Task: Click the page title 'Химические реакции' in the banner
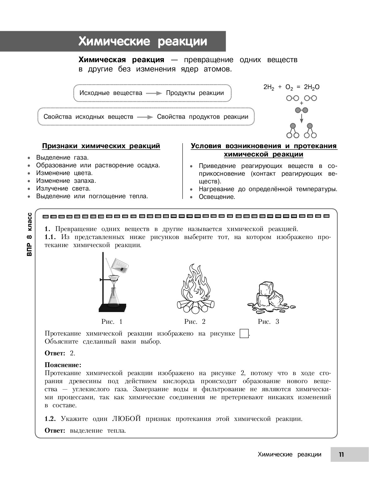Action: point(143,41)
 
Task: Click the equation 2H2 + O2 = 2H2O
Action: point(291,88)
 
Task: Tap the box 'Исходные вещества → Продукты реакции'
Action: point(152,93)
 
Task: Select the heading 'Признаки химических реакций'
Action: point(101,146)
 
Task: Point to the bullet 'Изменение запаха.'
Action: point(66,181)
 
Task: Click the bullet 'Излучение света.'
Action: point(63,188)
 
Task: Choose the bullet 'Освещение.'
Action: point(217,197)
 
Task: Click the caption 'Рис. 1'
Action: point(112,322)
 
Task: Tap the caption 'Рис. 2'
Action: point(195,322)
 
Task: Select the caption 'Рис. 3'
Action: point(268,322)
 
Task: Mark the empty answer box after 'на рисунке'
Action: point(244,334)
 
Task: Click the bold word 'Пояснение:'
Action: point(63,365)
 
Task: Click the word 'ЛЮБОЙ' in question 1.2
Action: point(126,419)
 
